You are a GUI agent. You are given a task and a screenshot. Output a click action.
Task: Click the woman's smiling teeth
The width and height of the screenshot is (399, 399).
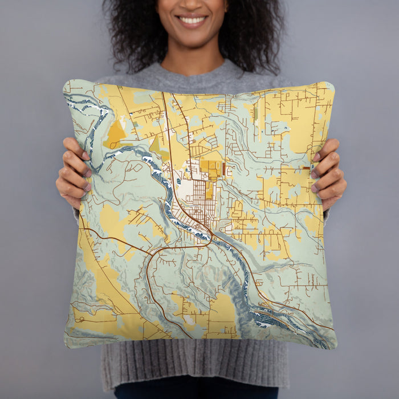tap(192, 21)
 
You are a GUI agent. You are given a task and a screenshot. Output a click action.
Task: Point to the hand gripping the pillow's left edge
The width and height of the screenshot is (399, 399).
tap(72, 172)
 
